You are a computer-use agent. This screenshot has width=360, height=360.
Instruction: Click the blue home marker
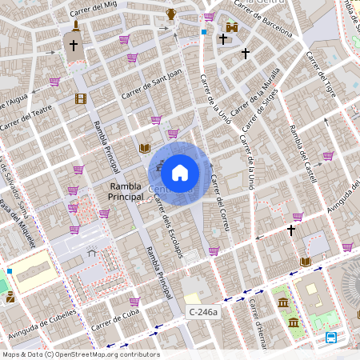180,172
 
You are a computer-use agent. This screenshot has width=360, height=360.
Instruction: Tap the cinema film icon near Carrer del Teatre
80,99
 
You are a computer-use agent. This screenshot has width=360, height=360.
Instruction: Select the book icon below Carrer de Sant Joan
145,148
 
